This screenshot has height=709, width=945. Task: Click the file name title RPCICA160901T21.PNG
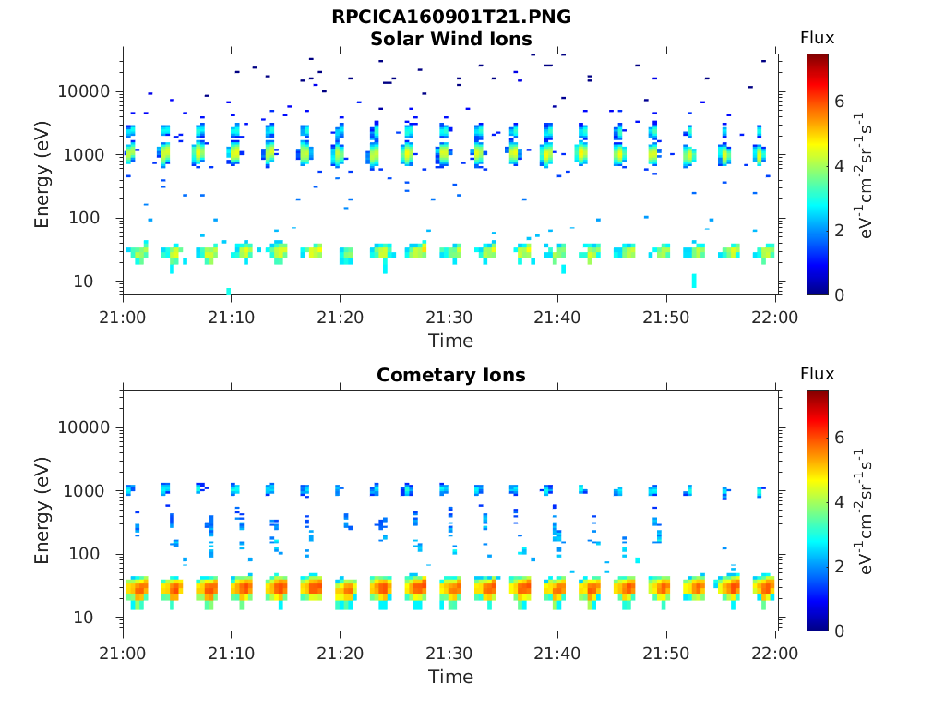(x=451, y=18)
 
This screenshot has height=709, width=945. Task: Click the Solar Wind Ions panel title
(x=451, y=39)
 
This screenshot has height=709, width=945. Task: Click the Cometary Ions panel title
(x=451, y=375)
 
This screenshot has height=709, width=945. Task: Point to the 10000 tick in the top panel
(x=84, y=91)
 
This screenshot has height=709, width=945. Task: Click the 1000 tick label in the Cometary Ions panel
(x=90, y=490)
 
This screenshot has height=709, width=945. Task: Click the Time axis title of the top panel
(x=451, y=341)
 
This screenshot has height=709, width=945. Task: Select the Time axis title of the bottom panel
(x=451, y=677)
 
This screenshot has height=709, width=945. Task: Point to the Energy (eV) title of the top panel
(x=42, y=174)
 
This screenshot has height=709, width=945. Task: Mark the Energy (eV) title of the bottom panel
(x=42, y=510)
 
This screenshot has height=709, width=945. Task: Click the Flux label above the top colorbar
(x=817, y=38)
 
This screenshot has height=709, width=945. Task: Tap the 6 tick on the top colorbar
(x=840, y=101)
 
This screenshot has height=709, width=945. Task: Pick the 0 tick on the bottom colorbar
(x=840, y=631)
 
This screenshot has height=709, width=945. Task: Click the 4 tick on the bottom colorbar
(x=840, y=501)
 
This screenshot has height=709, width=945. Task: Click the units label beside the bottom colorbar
(x=867, y=510)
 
